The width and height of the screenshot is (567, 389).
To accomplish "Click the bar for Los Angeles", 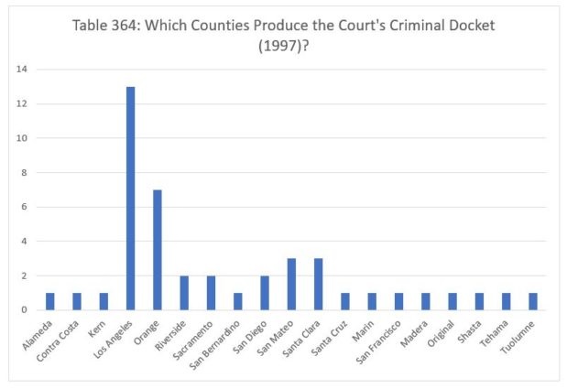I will pyautogui.click(x=130, y=199).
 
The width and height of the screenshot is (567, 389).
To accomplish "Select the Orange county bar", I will pyautogui.click(x=158, y=250).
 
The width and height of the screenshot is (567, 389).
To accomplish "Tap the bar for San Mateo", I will pyautogui.click(x=292, y=285).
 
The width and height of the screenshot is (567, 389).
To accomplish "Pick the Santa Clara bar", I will pyautogui.click(x=319, y=285).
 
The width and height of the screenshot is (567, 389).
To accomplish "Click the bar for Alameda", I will pyautogui.click(x=49, y=301).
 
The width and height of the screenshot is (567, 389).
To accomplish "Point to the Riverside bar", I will pyautogui.click(x=184, y=293).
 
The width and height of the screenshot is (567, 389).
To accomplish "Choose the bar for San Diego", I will pyautogui.click(x=265, y=293).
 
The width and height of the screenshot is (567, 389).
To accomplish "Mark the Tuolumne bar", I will pyautogui.click(x=534, y=301).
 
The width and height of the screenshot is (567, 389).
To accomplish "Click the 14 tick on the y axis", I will pyautogui.click(x=21, y=70).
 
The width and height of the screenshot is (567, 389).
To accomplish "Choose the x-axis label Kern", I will pyautogui.click(x=96, y=327).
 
